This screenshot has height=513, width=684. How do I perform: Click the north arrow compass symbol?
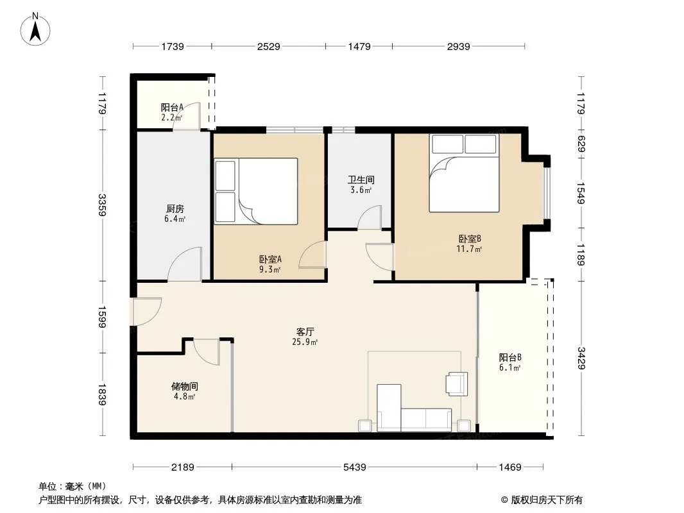[x=35, y=29]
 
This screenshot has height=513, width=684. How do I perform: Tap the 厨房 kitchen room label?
[x=175, y=209]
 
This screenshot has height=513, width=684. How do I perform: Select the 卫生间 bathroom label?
[x=361, y=180]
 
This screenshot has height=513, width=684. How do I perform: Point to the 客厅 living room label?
[x=305, y=332]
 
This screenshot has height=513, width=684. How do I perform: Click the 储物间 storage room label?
[x=185, y=386]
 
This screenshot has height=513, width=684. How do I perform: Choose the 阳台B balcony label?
[x=510, y=357]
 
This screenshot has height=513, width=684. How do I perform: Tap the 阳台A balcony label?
[x=172, y=107]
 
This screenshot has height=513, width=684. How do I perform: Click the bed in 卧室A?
[x=256, y=191]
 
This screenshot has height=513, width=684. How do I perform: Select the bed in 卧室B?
[x=464, y=173]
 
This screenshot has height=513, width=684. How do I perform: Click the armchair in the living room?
[x=457, y=384]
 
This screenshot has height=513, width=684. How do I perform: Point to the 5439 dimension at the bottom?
[x=355, y=467]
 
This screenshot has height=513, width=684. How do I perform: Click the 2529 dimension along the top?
[x=268, y=46]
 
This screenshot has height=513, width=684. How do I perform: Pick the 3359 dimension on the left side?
[x=101, y=205]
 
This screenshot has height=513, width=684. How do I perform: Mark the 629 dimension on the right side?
[x=581, y=144]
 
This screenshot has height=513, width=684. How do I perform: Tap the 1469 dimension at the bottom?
[x=510, y=467]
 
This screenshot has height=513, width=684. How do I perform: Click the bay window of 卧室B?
[x=547, y=193]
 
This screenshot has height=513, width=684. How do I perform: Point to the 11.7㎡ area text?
[x=469, y=249]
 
